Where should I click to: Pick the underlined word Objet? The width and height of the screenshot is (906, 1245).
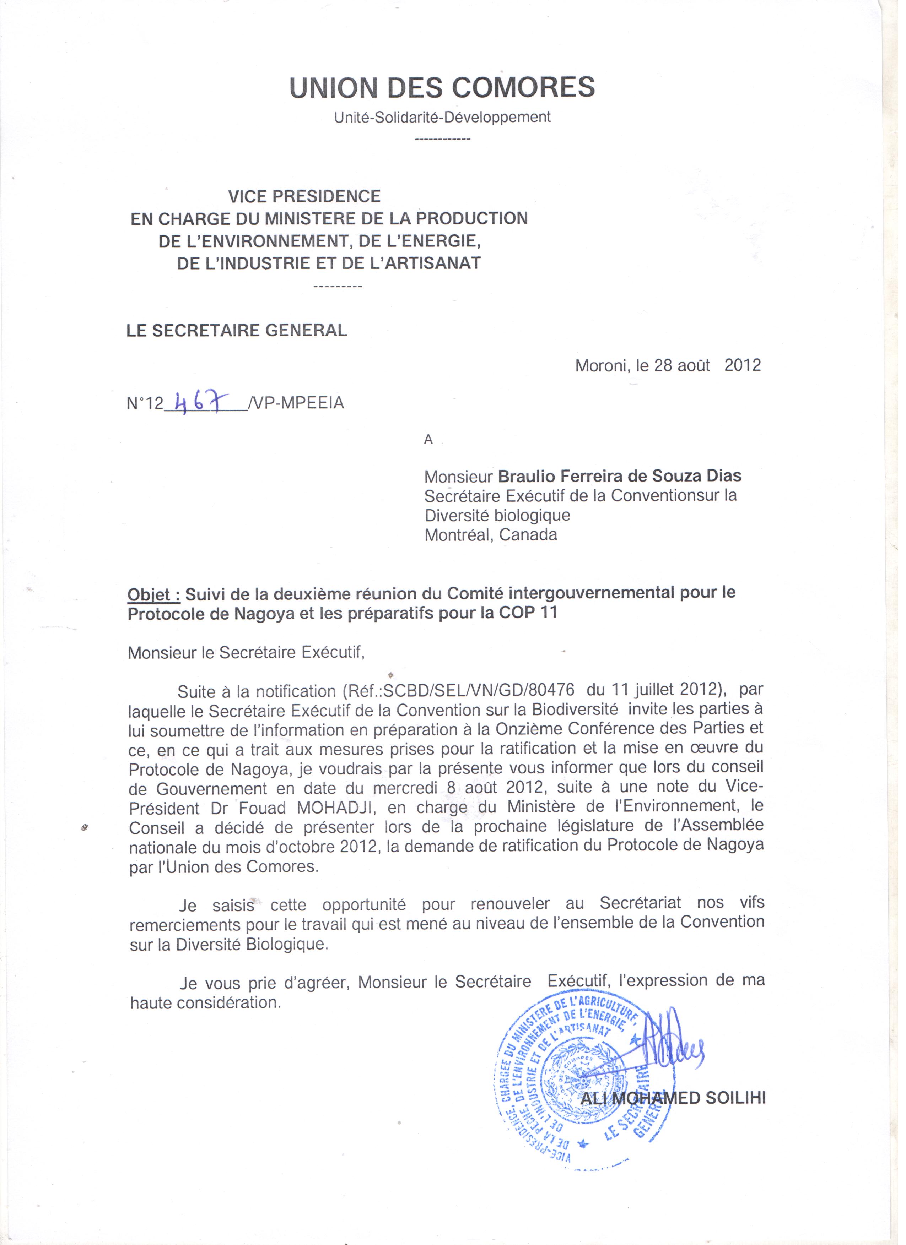(153, 594)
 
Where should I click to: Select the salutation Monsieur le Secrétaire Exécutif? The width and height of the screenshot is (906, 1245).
(246, 653)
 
